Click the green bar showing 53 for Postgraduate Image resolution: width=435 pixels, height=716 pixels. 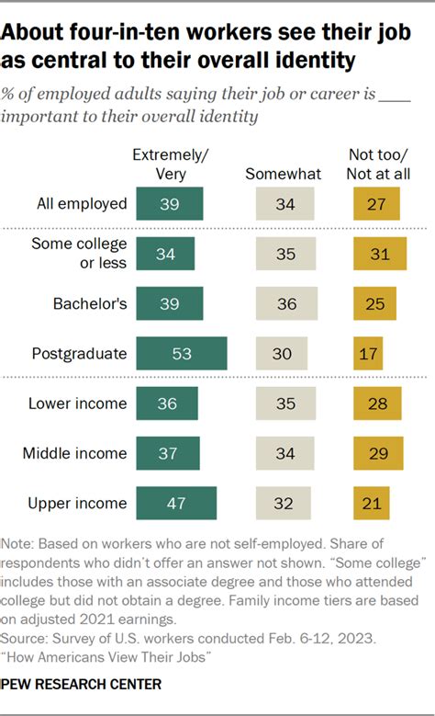point(181,353)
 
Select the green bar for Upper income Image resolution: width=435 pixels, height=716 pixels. point(176,504)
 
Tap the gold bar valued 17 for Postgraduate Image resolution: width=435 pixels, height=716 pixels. point(368,353)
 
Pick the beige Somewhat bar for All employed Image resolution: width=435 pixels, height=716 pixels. point(284,204)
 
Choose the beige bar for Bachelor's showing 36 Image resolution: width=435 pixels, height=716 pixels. point(286,303)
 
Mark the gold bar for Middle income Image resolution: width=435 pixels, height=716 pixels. point(378,453)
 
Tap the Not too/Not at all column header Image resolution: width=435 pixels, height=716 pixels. point(378,164)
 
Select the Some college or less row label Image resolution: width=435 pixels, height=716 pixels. point(79,254)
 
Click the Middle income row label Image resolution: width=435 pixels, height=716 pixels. point(77,453)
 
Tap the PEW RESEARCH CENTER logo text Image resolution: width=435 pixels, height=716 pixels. point(83,684)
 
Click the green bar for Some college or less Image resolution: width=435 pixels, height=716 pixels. point(165,254)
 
